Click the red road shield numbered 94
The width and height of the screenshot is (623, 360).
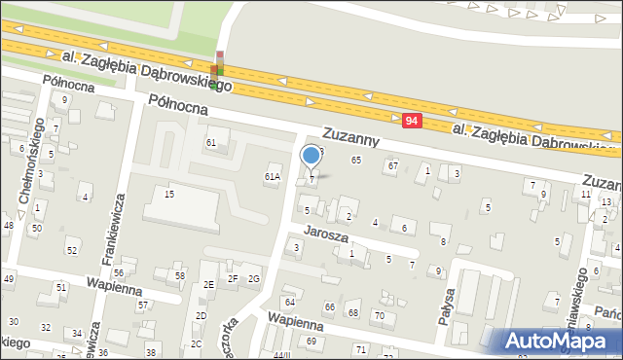point(411,120)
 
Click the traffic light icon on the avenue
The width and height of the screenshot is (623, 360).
point(220,63)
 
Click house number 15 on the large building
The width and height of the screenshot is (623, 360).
point(169,195)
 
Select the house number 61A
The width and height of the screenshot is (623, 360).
point(273,177)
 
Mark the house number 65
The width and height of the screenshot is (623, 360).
point(356,160)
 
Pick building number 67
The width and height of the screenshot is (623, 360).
point(392,166)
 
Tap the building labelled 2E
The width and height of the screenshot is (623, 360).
point(208,284)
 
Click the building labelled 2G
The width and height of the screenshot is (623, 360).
point(254,279)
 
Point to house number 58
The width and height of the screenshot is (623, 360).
point(180,276)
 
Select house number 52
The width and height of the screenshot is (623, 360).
point(71,251)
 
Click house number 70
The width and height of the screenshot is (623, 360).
point(380,316)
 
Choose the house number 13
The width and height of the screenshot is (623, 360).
point(606,201)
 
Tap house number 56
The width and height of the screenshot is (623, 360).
point(119,273)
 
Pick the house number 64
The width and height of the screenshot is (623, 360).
point(289,303)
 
